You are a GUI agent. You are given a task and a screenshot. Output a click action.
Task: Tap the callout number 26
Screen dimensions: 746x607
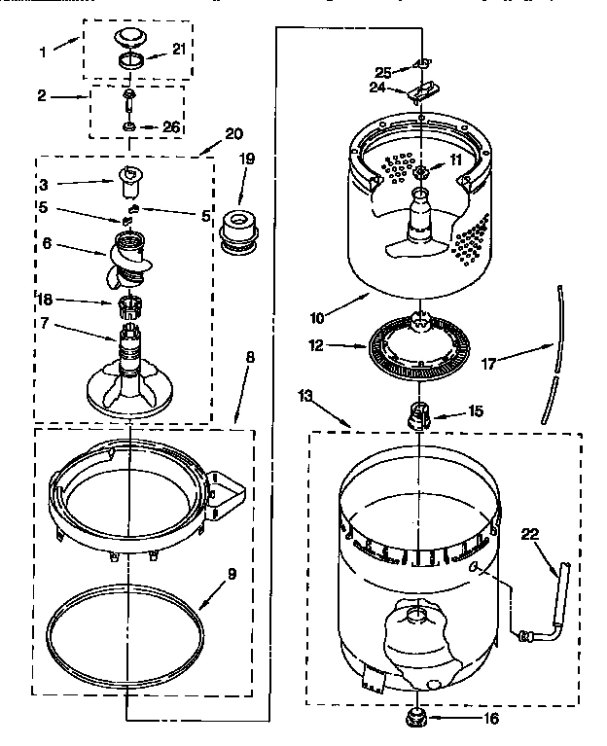172,126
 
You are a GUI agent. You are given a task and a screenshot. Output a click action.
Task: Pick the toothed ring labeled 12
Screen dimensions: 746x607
418,347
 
